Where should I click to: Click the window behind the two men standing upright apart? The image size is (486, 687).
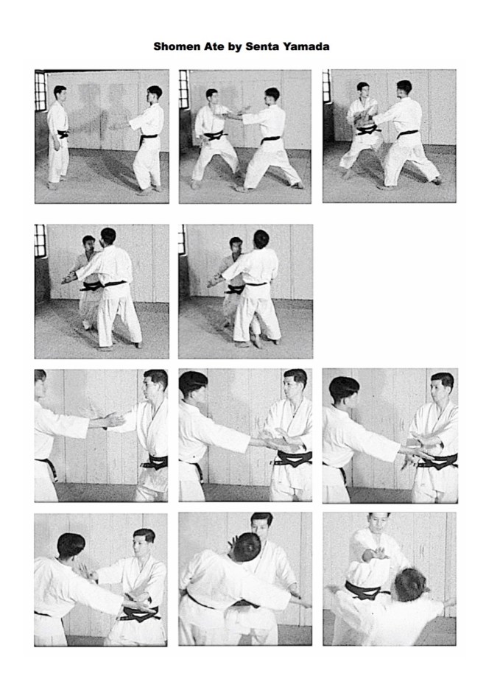pyautogui.click(x=40, y=91)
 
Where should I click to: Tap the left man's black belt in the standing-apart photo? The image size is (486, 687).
pyautogui.click(x=63, y=133)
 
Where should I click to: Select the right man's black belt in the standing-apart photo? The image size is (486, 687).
pyautogui.click(x=148, y=138)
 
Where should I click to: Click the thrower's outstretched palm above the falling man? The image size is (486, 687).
pyautogui.click(x=378, y=553)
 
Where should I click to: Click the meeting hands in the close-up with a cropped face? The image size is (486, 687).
pyautogui.click(x=113, y=420)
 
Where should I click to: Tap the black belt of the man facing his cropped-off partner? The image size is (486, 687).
pyautogui.click(x=155, y=462)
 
